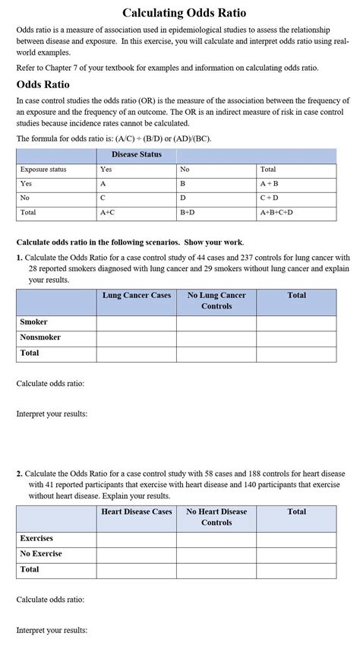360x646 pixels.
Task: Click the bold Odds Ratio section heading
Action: (x=43, y=84)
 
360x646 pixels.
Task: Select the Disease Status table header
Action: (x=136, y=155)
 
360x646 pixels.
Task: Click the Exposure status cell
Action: (x=43, y=169)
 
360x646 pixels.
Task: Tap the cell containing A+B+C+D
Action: (x=276, y=213)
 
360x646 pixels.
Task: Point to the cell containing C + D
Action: (x=270, y=198)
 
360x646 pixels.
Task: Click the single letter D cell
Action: (x=183, y=198)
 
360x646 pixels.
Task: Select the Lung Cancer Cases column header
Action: (x=137, y=295)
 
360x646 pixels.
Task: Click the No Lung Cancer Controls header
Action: (x=216, y=300)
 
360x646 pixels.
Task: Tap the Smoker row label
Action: (x=33, y=322)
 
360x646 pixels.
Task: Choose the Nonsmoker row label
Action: (x=40, y=337)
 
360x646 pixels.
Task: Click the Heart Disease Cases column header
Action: (x=137, y=511)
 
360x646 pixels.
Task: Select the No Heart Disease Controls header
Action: (x=216, y=517)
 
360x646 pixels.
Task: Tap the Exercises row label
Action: (x=36, y=539)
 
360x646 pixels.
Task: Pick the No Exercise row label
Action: (x=41, y=554)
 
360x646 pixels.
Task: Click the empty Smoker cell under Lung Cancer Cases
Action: (x=137, y=323)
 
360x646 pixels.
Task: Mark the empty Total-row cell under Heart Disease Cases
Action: (x=137, y=570)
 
